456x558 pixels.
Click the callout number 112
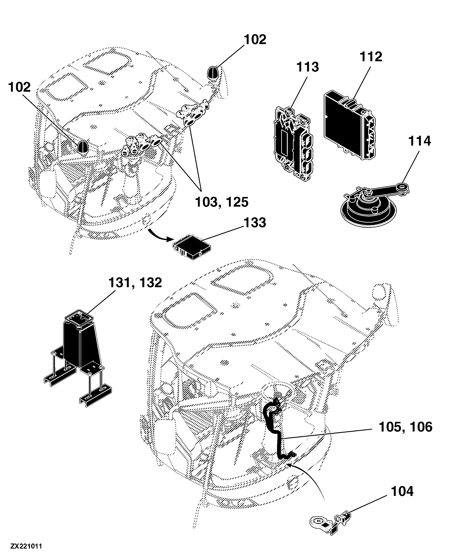(371, 57)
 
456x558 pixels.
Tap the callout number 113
(308, 67)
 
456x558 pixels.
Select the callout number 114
(420, 141)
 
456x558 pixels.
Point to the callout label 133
(255, 222)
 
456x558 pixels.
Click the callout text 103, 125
(222, 202)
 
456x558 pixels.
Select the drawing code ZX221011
(26, 546)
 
